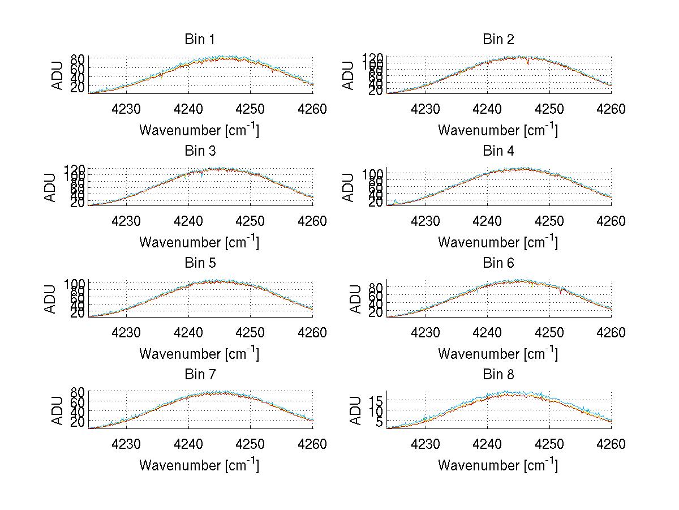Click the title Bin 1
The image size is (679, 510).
200,39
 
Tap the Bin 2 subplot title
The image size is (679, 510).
498,39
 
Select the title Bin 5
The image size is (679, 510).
200,263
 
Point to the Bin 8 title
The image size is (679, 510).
498,375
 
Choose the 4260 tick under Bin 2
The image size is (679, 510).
611,109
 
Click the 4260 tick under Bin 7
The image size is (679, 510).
312,444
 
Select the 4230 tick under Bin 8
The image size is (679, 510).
425,444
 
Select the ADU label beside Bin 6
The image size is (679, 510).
350,299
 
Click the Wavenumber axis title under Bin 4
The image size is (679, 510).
498,242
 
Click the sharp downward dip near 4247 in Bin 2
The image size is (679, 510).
528,62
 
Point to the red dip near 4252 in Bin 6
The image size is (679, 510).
560,292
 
